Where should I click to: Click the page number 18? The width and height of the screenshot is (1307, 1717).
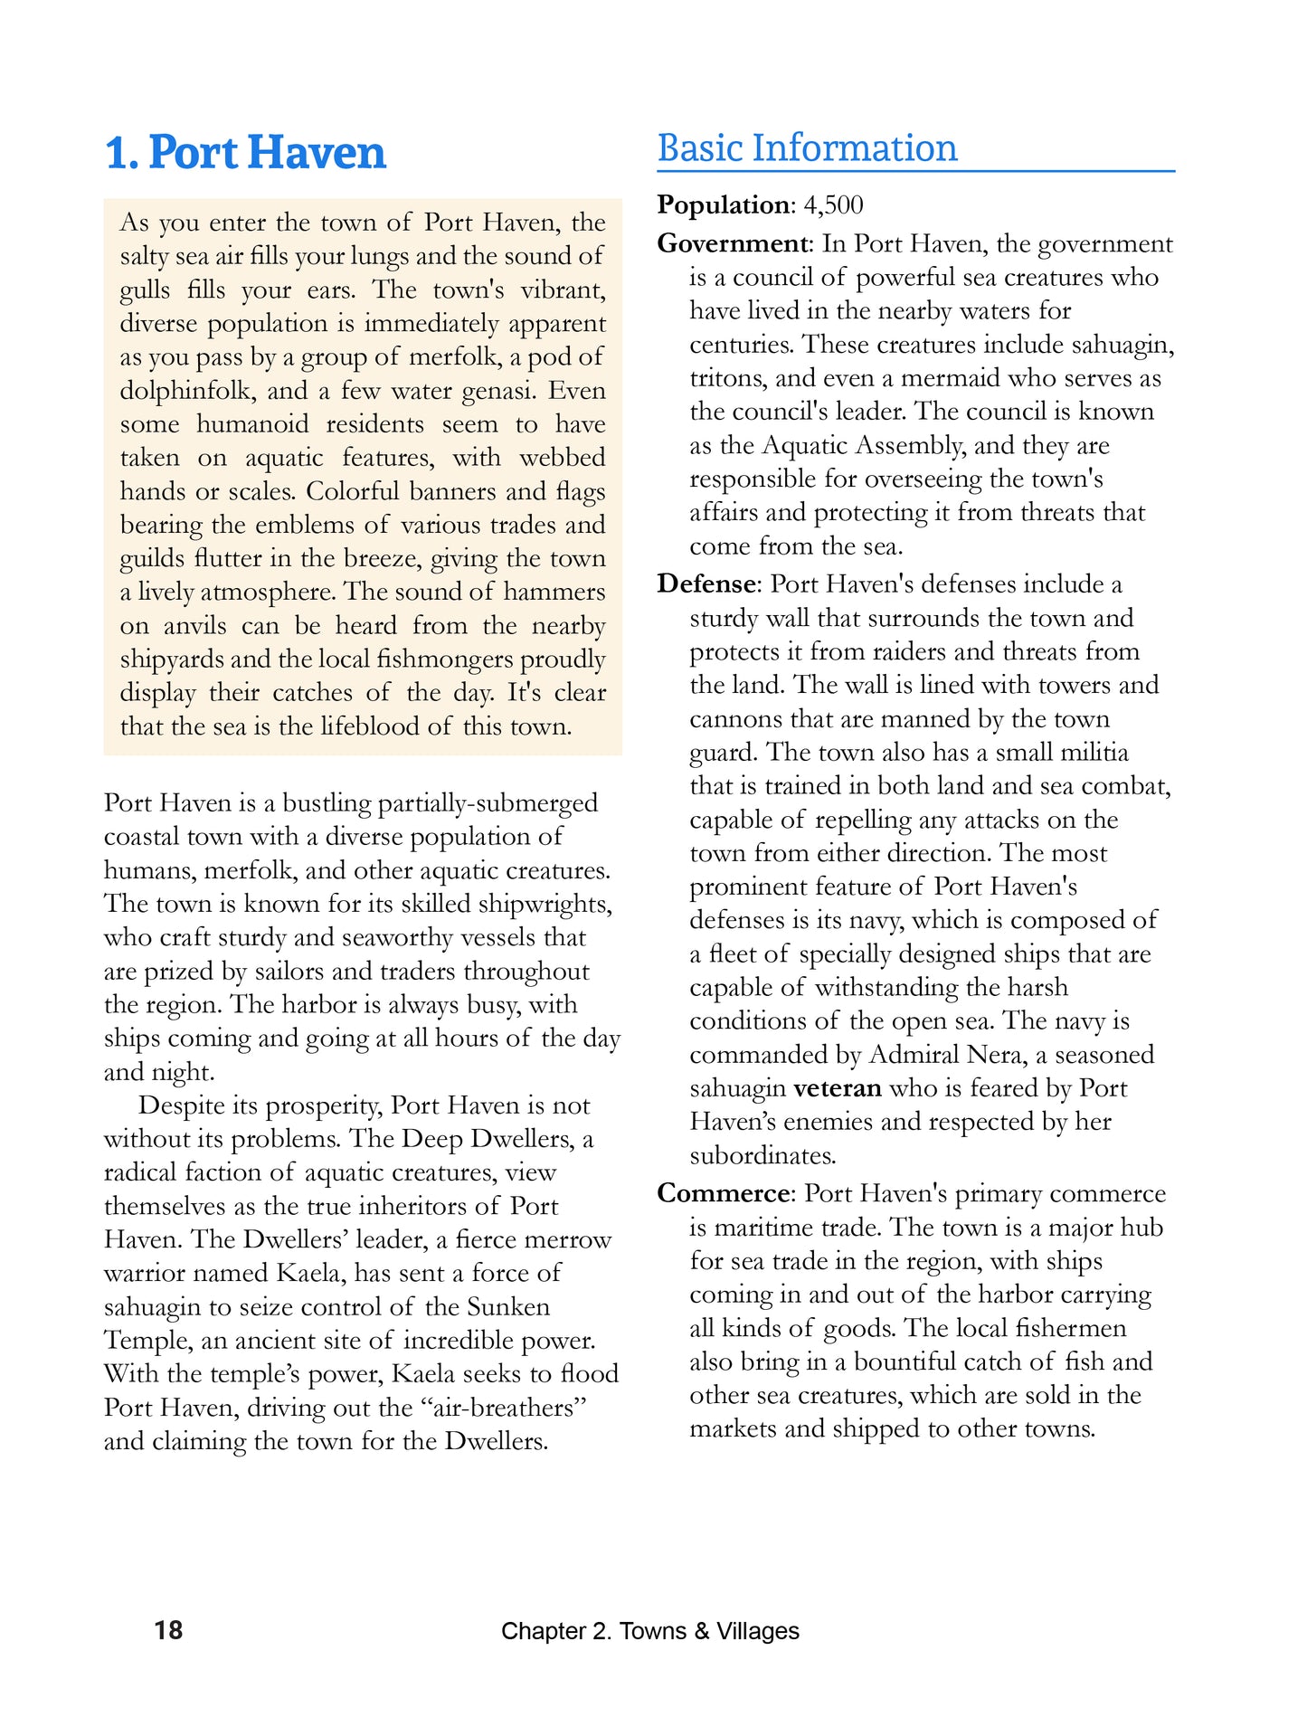coord(168,1630)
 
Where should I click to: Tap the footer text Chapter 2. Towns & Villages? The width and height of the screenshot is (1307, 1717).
coord(649,1631)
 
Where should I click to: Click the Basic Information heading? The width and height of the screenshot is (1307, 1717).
coord(807,148)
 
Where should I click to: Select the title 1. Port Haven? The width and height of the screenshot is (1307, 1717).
coord(245,152)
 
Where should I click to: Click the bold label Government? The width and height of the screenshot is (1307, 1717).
coord(733,243)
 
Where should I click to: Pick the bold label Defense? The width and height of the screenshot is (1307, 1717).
coord(706,584)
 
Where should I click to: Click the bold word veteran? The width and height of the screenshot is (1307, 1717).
coord(837,1088)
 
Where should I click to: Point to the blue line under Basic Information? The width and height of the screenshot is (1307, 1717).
coord(915,171)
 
